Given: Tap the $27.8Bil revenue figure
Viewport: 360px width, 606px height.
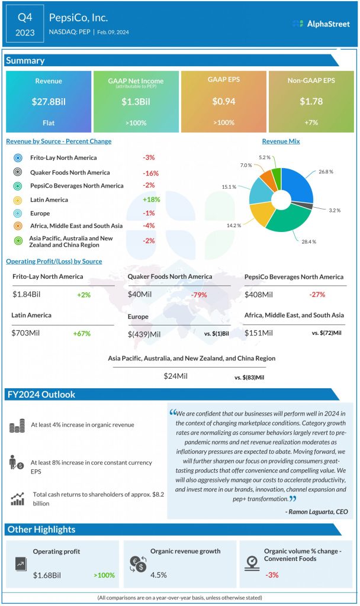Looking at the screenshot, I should point(49,101).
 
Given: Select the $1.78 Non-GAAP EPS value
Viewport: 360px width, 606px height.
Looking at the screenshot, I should point(311,101).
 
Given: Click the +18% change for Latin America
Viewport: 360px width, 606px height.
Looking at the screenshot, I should point(151,199).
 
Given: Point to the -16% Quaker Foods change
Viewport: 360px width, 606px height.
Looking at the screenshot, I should point(149,172).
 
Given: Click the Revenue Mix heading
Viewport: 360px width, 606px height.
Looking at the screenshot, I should point(281,141).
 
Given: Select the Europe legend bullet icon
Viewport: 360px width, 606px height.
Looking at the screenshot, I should point(18,213).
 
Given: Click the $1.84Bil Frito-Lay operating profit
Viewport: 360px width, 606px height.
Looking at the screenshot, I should point(28,295).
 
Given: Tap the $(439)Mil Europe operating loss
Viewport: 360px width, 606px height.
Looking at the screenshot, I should point(144,334).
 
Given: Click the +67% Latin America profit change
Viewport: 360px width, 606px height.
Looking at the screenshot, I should point(81,334).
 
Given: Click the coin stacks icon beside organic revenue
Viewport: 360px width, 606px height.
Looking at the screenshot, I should point(18,425).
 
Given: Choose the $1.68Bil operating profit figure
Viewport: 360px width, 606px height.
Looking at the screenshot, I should point(49,575).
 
